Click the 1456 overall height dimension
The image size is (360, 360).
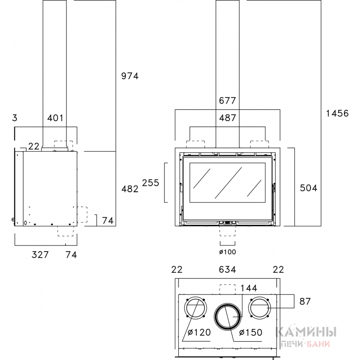[337, 113]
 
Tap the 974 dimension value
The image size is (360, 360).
[130, 76]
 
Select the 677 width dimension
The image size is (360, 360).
[227, 100]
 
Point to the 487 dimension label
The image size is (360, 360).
[227, 118]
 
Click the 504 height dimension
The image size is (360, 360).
[308, 188]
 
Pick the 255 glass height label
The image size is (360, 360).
[151, 183]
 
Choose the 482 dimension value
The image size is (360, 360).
[130, 189]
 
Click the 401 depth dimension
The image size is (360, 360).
[55, 118]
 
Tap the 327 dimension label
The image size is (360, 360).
[40, 255]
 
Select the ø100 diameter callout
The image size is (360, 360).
[227, 252]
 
